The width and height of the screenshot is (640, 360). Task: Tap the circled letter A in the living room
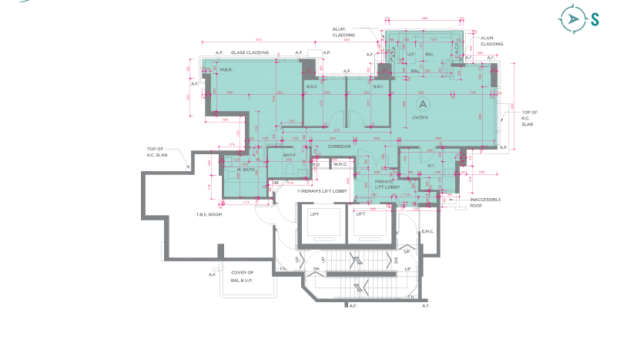click(x=423, y=103)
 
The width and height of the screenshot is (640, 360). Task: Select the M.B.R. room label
click(x=226, y=70)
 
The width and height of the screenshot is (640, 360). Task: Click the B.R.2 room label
click(x=311, y=87)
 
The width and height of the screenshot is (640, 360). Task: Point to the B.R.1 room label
click(x=379, y=87)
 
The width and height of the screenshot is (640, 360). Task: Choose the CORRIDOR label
click(x=339, y=147)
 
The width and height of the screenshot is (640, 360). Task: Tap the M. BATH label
click(x=247, y=170)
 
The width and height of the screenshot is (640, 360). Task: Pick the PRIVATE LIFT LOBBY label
click(x=387, y=184)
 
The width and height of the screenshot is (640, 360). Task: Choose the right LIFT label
click(x=360, y=214)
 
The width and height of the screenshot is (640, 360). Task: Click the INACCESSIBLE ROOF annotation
click(x=485, y=201)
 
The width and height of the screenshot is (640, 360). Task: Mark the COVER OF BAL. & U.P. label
click(x=243, y=275)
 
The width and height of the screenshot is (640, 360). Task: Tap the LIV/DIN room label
click(x=420, y=117)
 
